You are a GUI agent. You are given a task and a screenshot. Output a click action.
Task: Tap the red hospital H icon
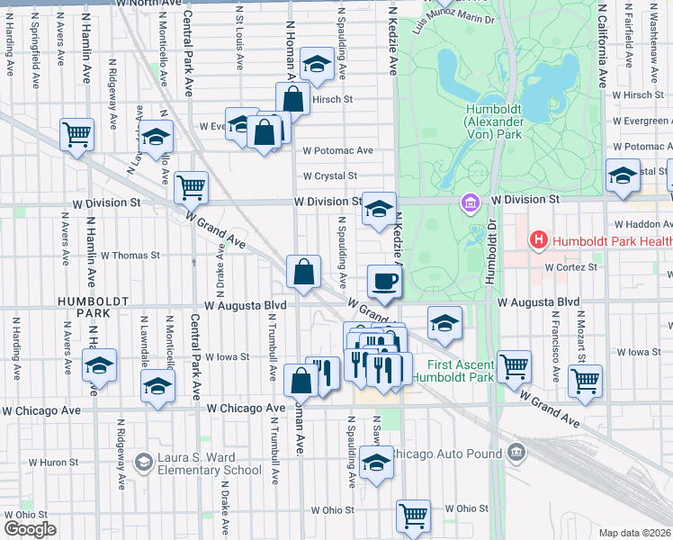click(538, 240)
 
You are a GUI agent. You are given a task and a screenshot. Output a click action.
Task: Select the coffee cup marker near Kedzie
click(384, 281)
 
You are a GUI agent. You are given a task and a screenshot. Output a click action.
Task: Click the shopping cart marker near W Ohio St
click(413, 516)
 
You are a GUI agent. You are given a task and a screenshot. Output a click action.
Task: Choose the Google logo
click(30, 528)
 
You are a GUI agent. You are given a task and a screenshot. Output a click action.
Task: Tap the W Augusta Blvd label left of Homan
click(245, 305)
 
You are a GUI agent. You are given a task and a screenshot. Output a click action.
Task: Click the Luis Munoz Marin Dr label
click(453, 18)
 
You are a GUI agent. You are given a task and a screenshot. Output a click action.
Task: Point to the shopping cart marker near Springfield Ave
click(77, 135)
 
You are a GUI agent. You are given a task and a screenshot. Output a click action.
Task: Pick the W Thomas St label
click(130, 256)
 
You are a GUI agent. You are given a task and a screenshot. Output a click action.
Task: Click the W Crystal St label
click(330, 176)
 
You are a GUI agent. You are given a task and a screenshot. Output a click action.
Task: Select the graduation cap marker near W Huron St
click(377, 463)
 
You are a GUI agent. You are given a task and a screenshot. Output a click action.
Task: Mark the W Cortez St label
click(570, 267)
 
